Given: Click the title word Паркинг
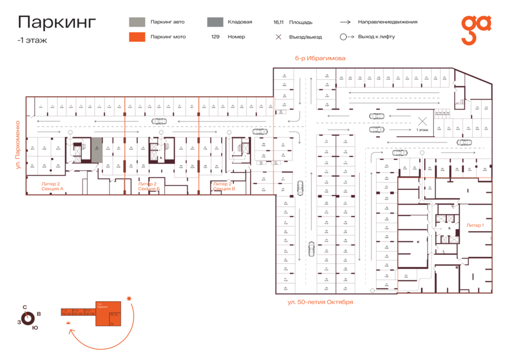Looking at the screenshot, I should (x=57, y=22).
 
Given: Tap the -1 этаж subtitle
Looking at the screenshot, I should (x=32, y=40).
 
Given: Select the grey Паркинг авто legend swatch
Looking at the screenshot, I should (x=136, y=22).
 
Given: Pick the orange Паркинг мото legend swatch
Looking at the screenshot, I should (x=136, y=37).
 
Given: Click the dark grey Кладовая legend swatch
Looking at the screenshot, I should (x=214, y=22).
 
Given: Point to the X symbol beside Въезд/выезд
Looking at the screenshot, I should (x=278, y=37).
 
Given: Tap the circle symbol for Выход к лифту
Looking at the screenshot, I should (x=343, y=37).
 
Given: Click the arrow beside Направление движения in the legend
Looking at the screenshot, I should (x=345, y=22).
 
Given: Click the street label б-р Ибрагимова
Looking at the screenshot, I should (x=320, y=58).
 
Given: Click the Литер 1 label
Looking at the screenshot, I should (x=475, y=225).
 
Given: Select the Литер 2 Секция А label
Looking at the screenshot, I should (x=52, y=186).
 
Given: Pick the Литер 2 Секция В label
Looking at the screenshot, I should (x=224, y=186).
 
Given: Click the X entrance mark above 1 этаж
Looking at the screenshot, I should (x=422, y=120).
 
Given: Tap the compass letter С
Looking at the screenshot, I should (x=24, y=307).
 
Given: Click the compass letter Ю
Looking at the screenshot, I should (x=35, y=328).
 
